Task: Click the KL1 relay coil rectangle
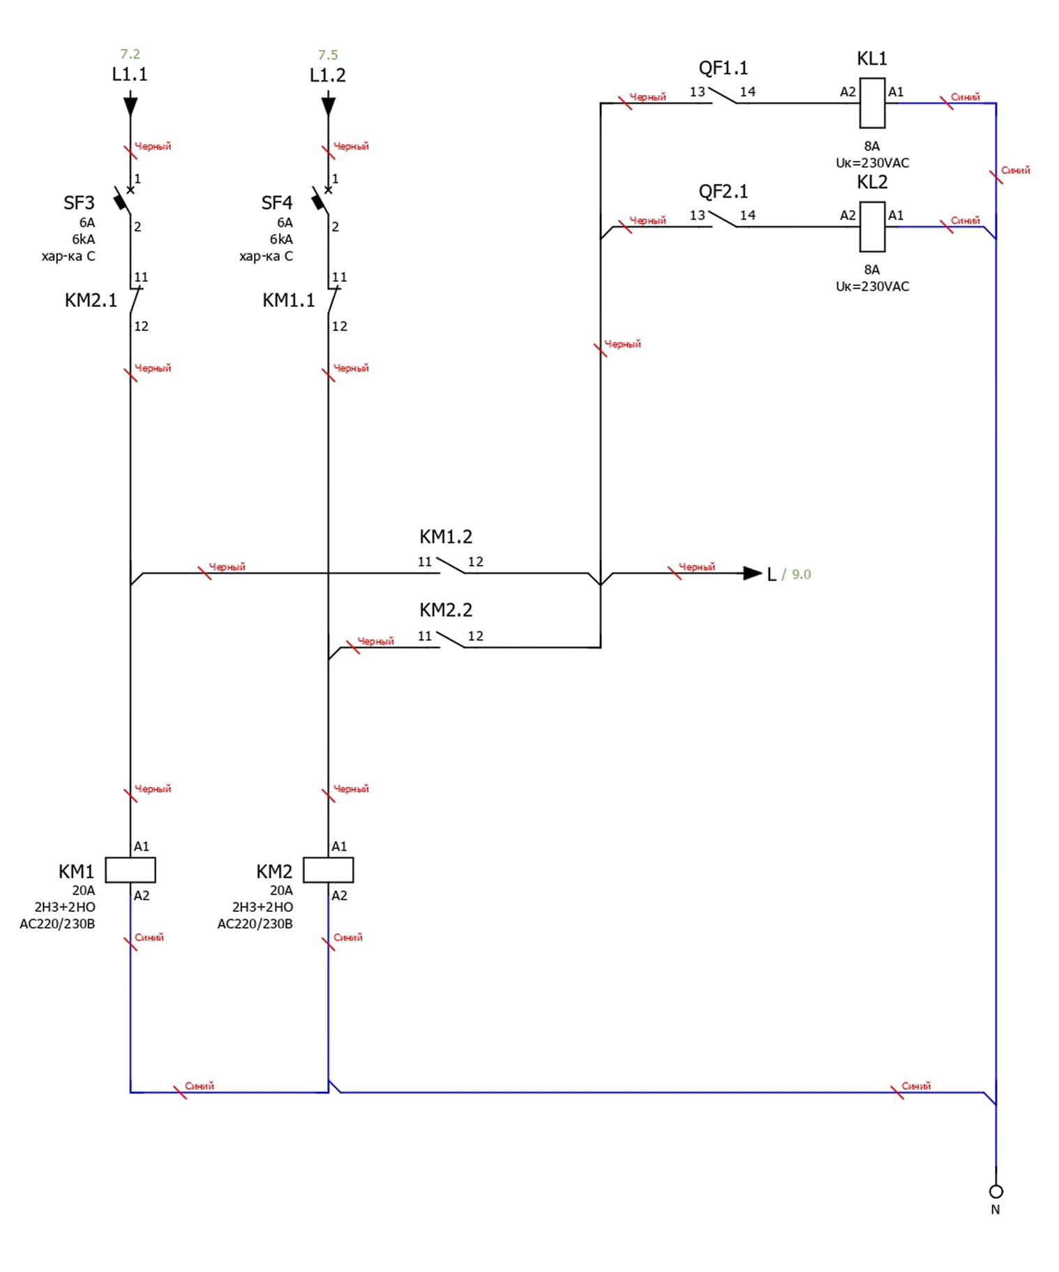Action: (871, 103)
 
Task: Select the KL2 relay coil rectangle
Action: (871, 226)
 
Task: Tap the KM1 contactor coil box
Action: (130, 869)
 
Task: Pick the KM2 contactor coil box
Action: (328, 869)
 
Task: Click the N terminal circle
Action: (996, 1191)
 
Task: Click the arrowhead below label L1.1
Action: (130, 105)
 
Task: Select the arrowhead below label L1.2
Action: (328, 105)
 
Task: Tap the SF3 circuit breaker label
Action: (79, 203)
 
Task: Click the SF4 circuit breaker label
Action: (277, 203)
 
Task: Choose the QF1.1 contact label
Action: (723, 68)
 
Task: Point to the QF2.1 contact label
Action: (723, 192)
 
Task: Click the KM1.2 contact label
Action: (446, 537)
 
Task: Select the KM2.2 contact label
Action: (446, 611)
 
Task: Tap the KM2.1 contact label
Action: (91, 301)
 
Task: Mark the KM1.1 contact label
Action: (288, 301)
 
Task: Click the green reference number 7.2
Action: (130, 54)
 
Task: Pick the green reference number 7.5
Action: (328, 55)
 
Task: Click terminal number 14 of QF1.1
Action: (747, 92)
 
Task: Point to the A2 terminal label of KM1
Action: (142, 896)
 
